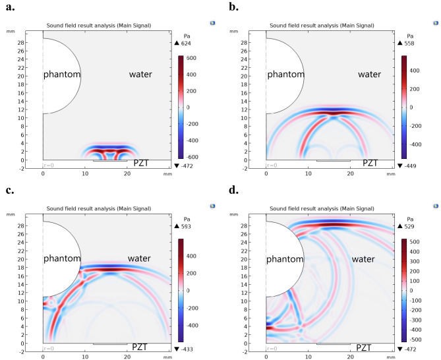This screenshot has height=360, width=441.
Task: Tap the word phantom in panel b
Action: coord(285,75)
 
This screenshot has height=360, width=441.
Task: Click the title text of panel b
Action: coord(321,26)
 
